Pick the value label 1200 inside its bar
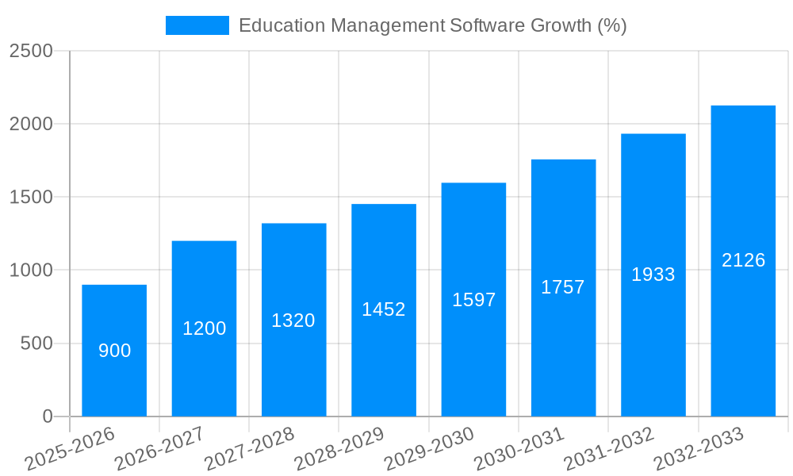tap(205, 328)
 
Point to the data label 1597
tap(473, 300)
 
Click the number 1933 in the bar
tap(653, 274)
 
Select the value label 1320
tap(293, 321)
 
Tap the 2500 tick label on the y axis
tap(31, 52)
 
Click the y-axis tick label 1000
tap(31, 271)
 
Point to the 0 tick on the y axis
tap(47, 416)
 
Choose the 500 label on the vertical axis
tap(36, 344)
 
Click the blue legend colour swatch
tap(197, 25)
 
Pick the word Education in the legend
tap(282, 25)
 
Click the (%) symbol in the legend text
tap(611, 25)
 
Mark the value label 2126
tap(743, 260)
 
